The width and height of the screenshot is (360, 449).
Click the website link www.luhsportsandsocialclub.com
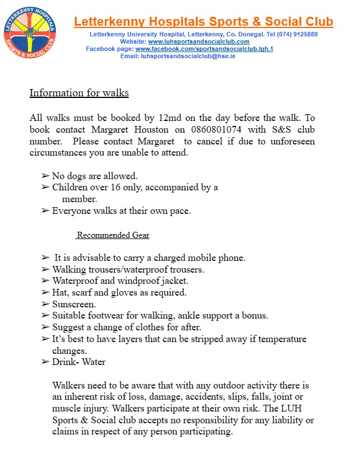pyautogui.click(x=198, y=41)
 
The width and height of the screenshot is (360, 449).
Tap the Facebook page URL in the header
pyautogui.click(x=204, y=49)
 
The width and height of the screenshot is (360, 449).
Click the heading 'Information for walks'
pyautogui.click(x=79, y=92)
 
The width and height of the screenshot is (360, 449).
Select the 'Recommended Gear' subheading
pyautogui.click(x=113, y=235)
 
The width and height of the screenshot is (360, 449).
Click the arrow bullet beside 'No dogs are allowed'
pyautogui.click(x=45, y=176)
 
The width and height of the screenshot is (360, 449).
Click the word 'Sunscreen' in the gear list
pyautogui.click(x=73, y=304)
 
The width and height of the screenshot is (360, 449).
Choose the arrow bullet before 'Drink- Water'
pyautogui.click(x=45, y=362)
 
